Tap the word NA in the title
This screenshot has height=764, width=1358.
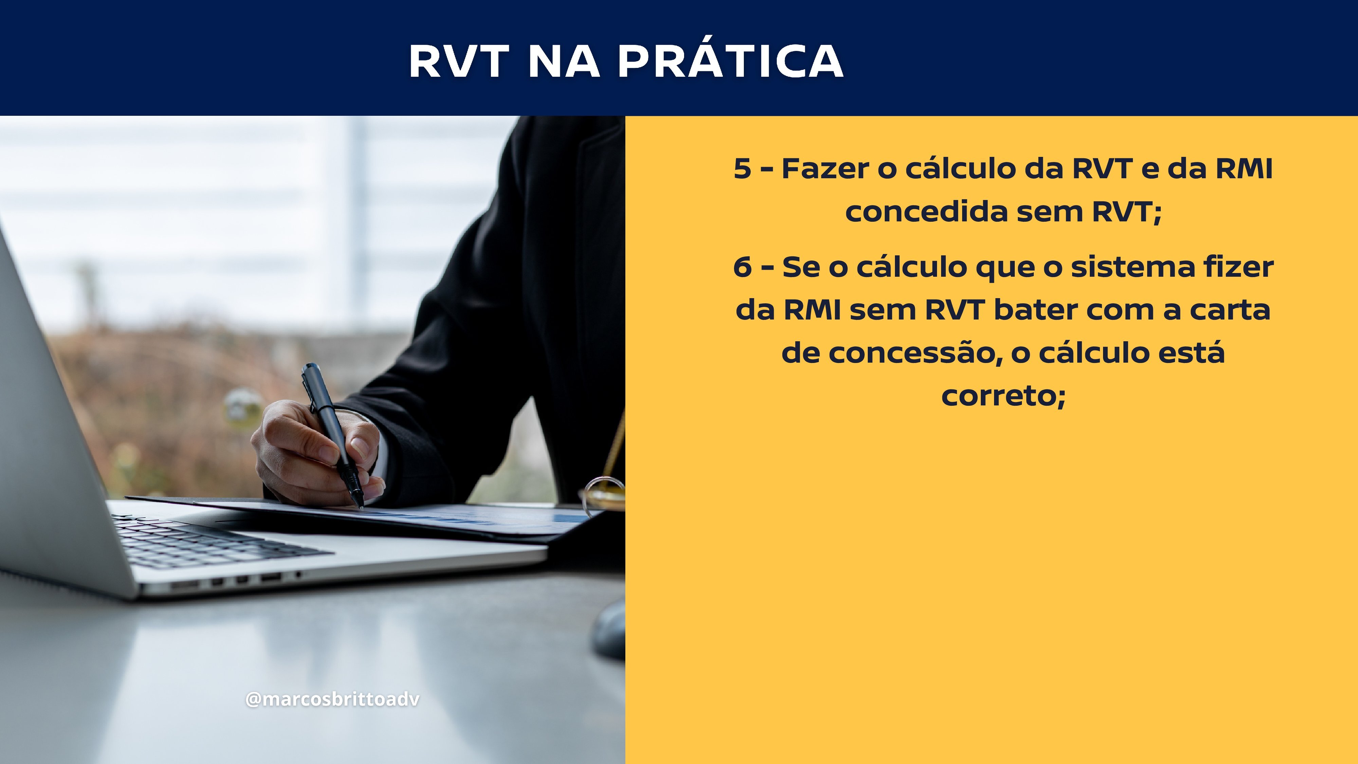pos(564,61)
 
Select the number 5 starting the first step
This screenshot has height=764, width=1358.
pos(742,169)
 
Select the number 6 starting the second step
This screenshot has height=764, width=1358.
pos(742,267)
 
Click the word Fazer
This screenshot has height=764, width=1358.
pos(825,169)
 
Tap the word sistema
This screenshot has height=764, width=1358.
pos(1133,267)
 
